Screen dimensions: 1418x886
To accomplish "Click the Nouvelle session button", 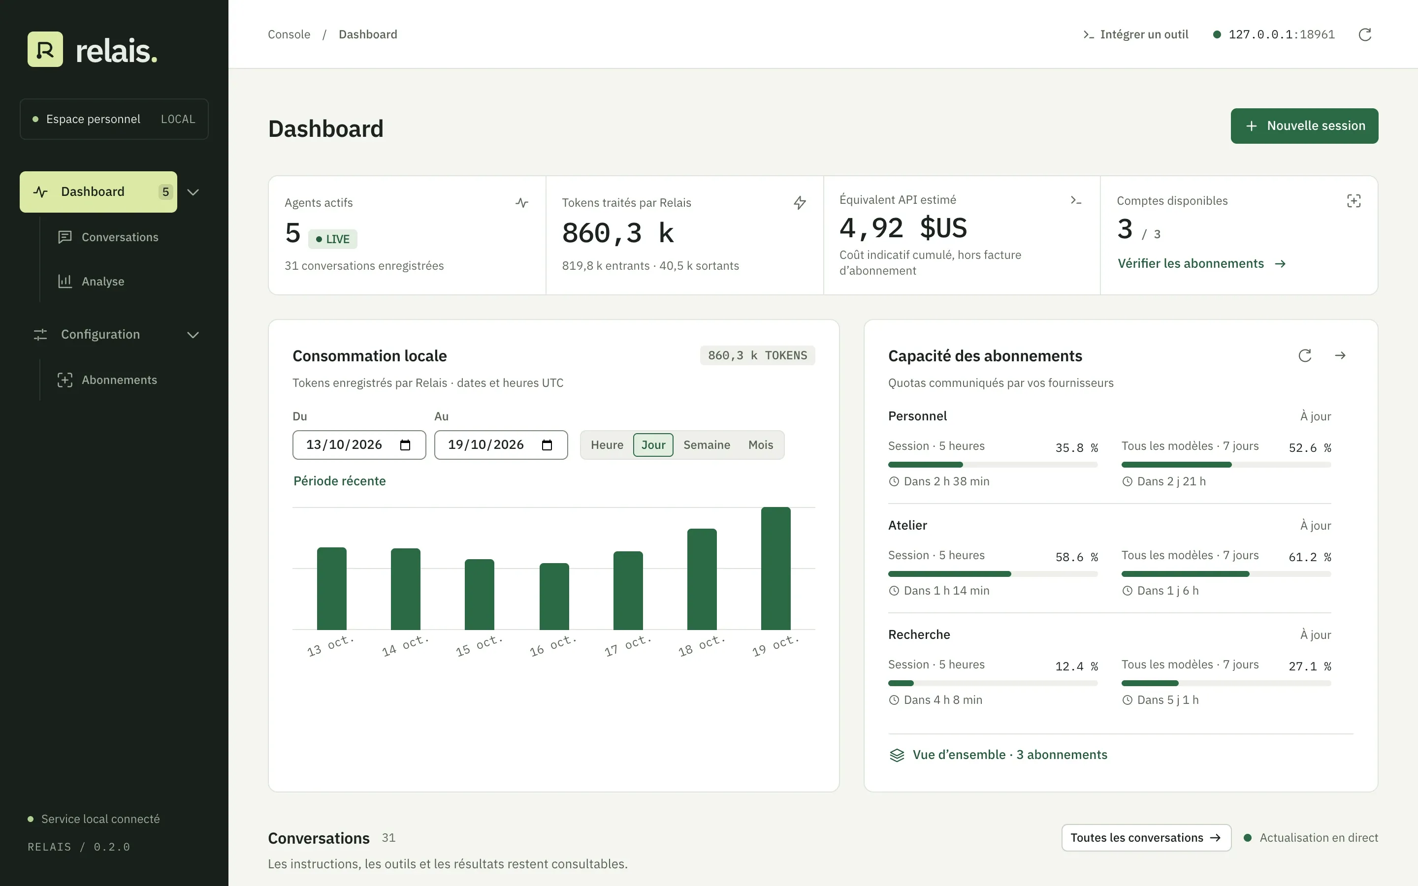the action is point(1304,126).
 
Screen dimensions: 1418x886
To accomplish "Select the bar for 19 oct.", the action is point(776,569).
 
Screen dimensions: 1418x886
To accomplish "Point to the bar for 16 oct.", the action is point(554,597).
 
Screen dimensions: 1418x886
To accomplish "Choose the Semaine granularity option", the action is point(707,445).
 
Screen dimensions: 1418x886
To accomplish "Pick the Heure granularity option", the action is point(607,445).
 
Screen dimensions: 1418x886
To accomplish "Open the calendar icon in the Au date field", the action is point(547,445).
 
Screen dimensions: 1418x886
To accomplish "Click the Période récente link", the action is point(340,481).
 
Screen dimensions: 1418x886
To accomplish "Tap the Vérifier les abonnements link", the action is point(1202,264).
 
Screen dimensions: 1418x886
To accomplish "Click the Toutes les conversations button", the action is point(1146,838).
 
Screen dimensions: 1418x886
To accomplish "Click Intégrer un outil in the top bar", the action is point(1135,34).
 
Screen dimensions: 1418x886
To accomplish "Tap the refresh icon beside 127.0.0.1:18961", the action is point(1365,34).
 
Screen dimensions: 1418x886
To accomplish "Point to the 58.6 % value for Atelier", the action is point(1076,557).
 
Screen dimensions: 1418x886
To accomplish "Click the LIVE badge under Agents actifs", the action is point(332,239).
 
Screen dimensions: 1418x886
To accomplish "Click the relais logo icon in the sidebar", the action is point(45,49).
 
